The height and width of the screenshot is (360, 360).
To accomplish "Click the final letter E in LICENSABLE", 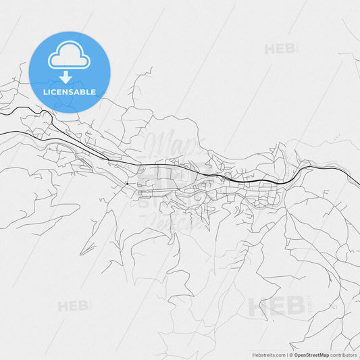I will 93,92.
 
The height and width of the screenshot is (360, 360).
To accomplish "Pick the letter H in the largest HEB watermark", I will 258,306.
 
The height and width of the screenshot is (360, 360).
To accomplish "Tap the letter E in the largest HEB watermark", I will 277,306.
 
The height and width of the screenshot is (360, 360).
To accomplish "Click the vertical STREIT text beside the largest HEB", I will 309,306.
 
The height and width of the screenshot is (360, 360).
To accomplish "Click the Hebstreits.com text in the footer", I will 269,355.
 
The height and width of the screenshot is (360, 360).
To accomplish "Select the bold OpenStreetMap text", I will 311,355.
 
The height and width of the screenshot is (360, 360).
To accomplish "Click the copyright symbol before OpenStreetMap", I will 291,355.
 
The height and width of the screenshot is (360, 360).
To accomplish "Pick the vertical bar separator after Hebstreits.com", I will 287,355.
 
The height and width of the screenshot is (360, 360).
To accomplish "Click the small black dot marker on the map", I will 126,184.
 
